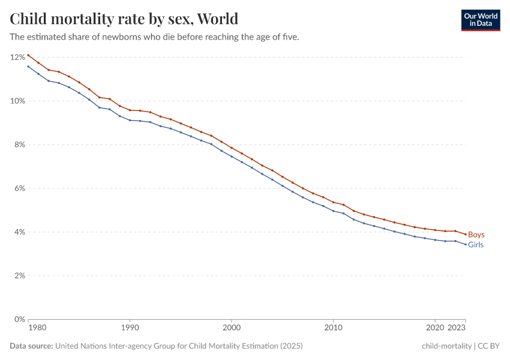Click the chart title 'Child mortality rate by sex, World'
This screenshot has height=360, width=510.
(124, 19)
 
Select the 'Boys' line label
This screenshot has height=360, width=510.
(476, 235)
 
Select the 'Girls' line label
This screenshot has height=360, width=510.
(475, 245)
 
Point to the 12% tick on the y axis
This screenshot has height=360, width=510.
(17, 57)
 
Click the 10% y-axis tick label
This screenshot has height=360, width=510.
(17, 101)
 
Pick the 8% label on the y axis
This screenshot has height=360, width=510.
(19, 145)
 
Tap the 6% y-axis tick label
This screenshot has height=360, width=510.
(19, 188)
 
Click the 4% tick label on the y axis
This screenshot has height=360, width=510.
(19, 232)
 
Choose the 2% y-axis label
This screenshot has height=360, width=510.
(19, 276)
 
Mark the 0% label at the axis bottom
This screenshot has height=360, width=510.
(19, 319)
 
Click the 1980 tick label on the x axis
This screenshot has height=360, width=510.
(37, 328)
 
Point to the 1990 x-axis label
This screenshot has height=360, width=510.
(130, 328)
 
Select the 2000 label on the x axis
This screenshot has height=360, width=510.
(232, 328)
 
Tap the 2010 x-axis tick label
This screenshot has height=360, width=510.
(333, 328)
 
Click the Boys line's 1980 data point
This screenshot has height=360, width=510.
(28, 55)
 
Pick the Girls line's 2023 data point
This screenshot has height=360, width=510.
(466, 244)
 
